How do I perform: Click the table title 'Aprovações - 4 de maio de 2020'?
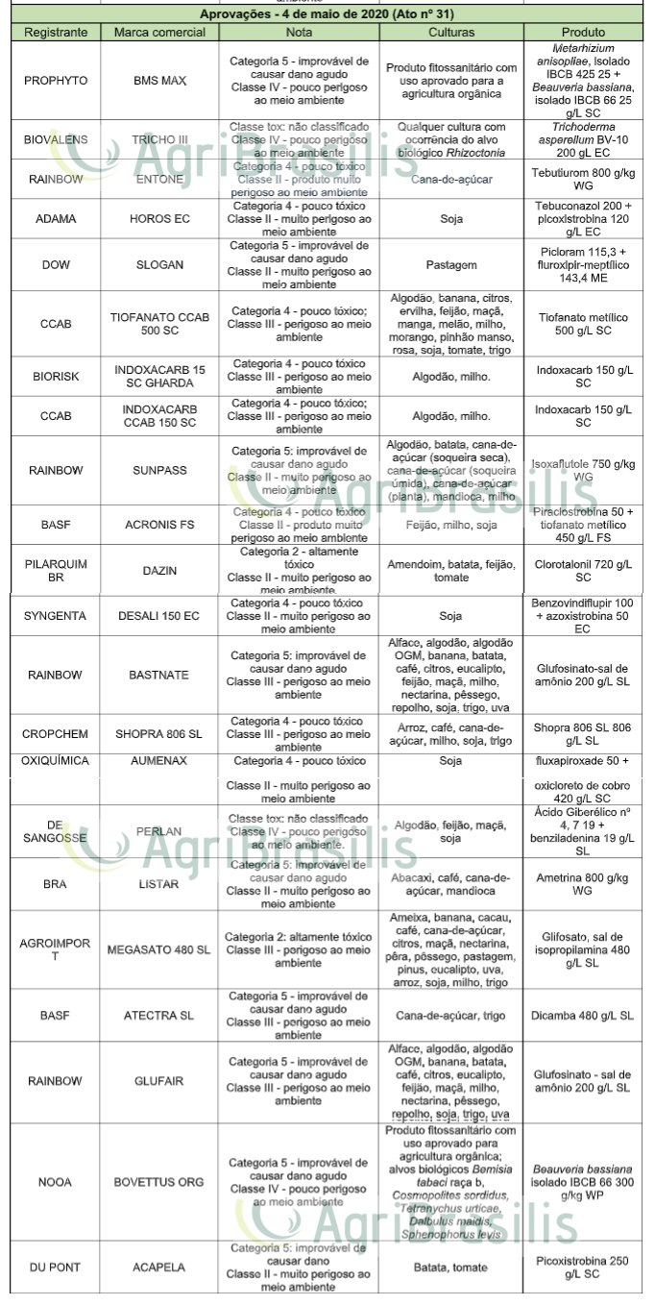pyautogui.click(x=327, y=15)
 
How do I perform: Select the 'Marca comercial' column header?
pyautogui.click(x=159, y=33)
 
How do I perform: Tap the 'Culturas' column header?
pyautogui.click(x=451, y=33)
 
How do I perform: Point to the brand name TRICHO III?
pyautogui.click(x=159, y=139)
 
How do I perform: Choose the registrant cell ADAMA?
pyautogui.click(x=55, y=219)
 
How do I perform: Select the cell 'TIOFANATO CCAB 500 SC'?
pyautogui.click(x=159, y=324)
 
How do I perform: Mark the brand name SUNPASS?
pyautogui.click(x=159, y=470)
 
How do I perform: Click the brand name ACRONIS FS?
pyautogui.click(x=159, y=526)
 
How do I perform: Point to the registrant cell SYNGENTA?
pyautogui.click(x=55, y=616)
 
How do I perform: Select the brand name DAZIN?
pyautogui.click(x=159, y=571)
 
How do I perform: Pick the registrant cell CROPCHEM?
pyautogui.click(x=55, y=734)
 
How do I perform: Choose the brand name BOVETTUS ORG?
pyautogui.click(x=159, y=1181)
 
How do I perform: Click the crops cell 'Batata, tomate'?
pyautogui.click(x=451, y=1268)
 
